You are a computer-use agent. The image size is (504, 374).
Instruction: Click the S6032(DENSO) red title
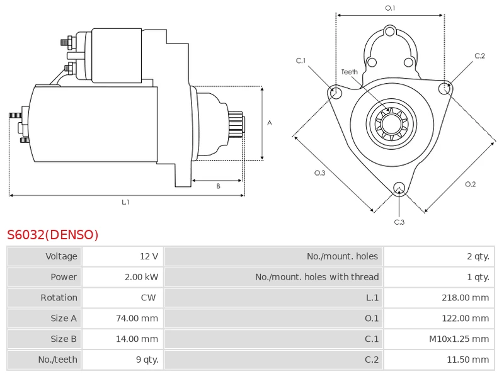(x=53, y=235)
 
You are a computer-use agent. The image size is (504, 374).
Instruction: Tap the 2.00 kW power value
(x=141, y=276)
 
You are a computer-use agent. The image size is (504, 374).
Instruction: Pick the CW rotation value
(x=148, y=298)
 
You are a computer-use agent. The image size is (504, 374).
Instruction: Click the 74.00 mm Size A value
(x=137, y=318)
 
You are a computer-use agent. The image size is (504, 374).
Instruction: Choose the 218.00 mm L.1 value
(x=465, y=298)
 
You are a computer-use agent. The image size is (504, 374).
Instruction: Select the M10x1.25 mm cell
(x=459, y=339)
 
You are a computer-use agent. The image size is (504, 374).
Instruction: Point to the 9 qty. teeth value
(x=147, y=360)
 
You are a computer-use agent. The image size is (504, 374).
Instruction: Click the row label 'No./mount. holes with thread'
(x=317, y=276)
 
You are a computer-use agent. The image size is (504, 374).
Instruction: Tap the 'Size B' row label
(x=64, y=339)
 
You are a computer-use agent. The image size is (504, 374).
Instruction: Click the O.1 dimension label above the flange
(x=390, y=8)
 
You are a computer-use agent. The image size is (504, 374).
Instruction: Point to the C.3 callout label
(x=399, y=222)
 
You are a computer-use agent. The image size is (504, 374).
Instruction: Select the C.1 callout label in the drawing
(x=301, y=60)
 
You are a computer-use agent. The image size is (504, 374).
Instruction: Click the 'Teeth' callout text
(x=350, y=72)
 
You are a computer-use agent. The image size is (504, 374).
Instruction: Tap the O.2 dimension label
(x=470, y=184)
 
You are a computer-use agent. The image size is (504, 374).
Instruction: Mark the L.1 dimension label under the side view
(x=125, y=202)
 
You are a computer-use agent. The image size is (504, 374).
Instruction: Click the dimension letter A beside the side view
(x=270, y=122)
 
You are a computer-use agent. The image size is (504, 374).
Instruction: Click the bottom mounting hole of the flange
(x=399, y=188)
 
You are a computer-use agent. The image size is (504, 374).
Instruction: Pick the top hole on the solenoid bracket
(x=389, y=31)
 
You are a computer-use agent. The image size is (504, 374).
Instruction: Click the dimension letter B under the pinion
(x=218, y=186)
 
